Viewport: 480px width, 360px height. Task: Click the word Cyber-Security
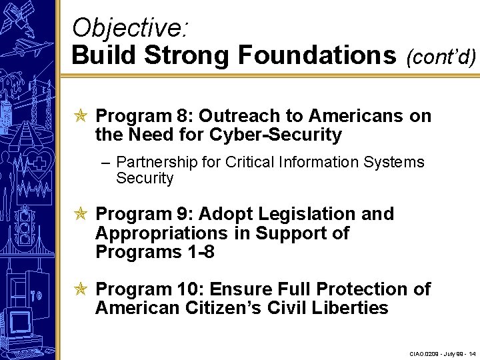coord(276,135)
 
